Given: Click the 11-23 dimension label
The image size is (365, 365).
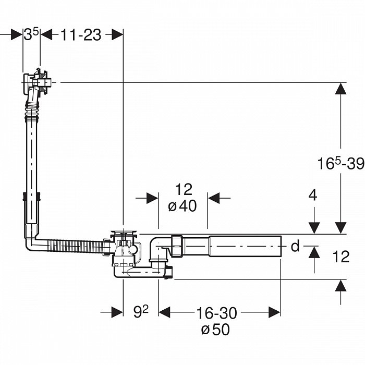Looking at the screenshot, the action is pyautogui.click(x=81, y=35).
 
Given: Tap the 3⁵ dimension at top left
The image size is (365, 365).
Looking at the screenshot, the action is pyautogui.click(x=31, y=34).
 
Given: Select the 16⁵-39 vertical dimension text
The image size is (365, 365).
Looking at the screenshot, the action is pyautogui.click(x=341, y=163).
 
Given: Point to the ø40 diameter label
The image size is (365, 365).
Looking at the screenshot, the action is pyautogui.click(x=182, y=206).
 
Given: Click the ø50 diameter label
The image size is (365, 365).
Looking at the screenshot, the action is pyautogui.click(x=215, y=329).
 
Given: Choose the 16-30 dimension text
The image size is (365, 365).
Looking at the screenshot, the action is pyautogui.click(x=217, y=313).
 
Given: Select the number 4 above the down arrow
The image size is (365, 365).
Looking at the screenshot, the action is pyautogui.click(x=313, y=195).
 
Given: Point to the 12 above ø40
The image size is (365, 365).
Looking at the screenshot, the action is pyautogui.click(x=184, y=189).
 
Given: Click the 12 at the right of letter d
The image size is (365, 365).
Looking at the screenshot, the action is pyautogui.click(x=341, y=257).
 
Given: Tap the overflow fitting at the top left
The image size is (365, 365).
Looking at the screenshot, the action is pyautogui.click(x=36, y=82).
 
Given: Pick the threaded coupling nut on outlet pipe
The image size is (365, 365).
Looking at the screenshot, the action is pyautogui.click(x=177, y=246).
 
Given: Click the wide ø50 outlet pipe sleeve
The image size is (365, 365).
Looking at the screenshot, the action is pyautogui.click(x=245, y=246).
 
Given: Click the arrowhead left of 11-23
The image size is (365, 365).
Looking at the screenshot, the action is pyautogui.click(x=46, y=35).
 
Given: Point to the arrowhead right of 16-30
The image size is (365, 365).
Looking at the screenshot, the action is pyautogui.click(x=275, y=312).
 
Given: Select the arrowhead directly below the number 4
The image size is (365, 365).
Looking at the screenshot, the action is pyautogui.click(x=314, y=228).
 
